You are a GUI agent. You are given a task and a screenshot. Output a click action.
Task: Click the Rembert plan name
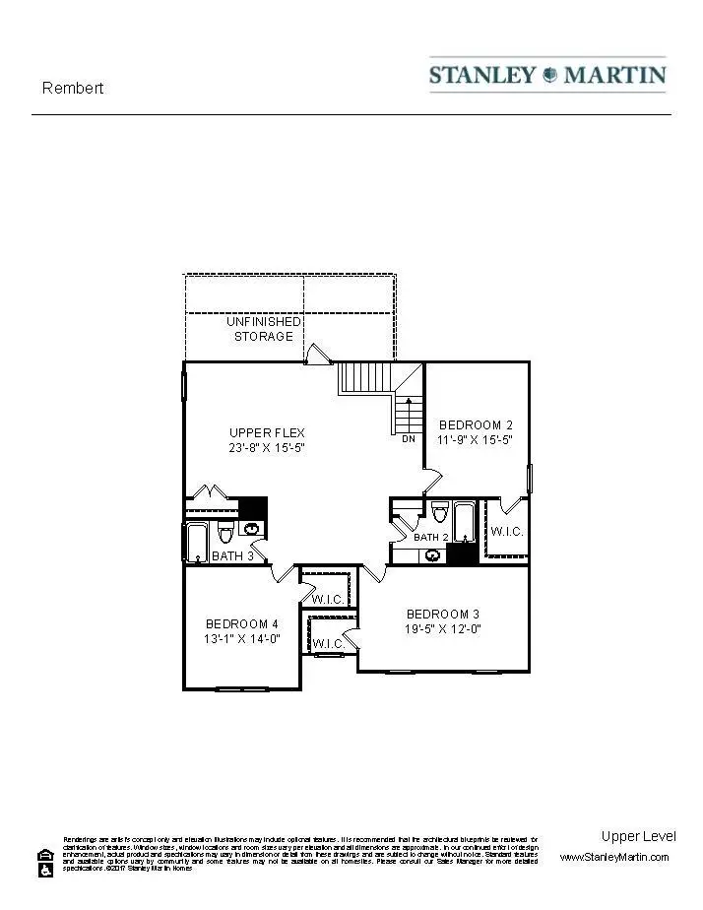coord(72,88)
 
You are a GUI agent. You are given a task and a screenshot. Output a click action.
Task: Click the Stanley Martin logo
coord(547,75)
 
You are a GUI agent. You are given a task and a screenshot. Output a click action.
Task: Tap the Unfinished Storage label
coord(263,329)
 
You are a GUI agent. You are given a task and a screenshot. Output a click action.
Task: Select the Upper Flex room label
coord(267,432)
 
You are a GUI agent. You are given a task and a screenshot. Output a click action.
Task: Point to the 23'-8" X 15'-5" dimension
coord(267,447)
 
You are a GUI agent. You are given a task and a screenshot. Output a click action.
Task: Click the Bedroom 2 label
coord(476,425)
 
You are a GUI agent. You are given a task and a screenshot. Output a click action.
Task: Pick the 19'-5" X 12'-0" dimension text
coord(443,628)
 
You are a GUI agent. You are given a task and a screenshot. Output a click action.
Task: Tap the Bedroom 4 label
coord(242,623)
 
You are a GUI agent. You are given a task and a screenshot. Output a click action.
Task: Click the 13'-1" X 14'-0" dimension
coord(242,638)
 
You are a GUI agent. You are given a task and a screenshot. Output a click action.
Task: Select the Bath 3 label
coord(233,556)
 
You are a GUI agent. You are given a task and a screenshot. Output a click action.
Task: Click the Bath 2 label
coord(431,537)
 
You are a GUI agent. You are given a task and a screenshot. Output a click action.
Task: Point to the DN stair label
coord(409,439)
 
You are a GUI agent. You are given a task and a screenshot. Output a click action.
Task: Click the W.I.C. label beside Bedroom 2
coord(507,532)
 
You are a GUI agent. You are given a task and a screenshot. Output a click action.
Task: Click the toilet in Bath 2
coord(439,512)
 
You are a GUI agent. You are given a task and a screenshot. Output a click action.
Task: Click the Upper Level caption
coord(638,836)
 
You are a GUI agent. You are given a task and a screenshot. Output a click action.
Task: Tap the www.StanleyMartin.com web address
coord(614,858)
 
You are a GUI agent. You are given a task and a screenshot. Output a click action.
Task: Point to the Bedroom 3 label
coord(443,613)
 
